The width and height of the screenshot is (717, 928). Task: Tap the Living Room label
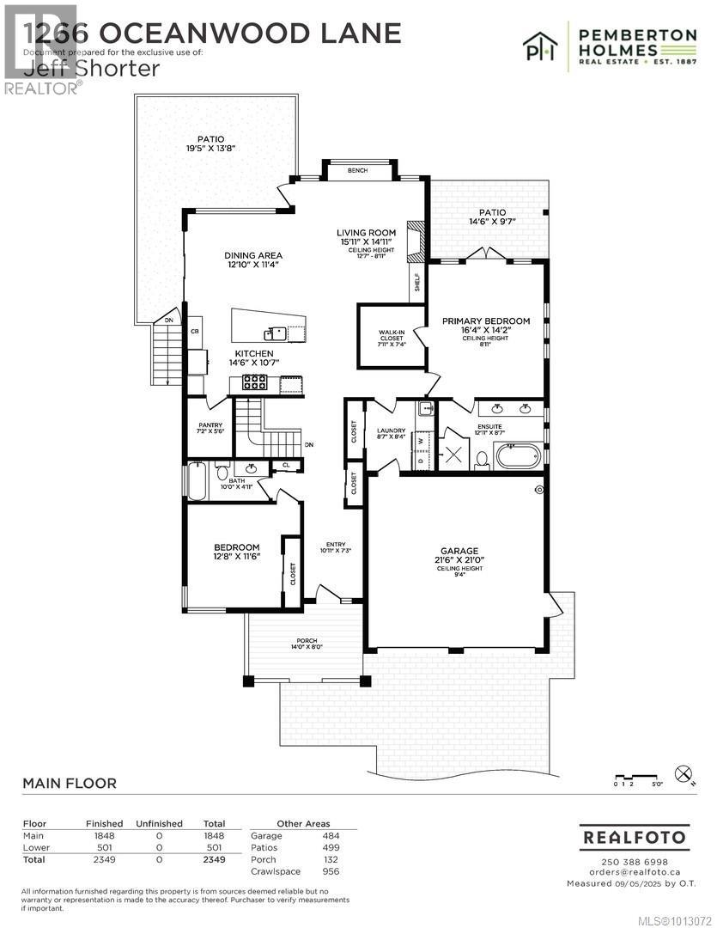pyautogui.click(x=366, y=233)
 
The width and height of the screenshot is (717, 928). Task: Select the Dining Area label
pyautogui.click(x=253, y=255)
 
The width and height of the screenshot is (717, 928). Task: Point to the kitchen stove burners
pyautogui.click(x=255, y=382)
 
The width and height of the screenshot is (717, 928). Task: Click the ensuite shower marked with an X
pyautogui.click(x=453, y=454)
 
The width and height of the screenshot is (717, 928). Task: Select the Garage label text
pyautogui.click(x=459, y=551)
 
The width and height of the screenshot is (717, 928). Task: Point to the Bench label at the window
pyautogui.click(x=358, y=171)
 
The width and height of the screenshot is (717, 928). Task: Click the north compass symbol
pyautogui.click(x=684, y=773)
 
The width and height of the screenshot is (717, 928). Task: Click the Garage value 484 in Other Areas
pyautogui.click(x=331, y=835)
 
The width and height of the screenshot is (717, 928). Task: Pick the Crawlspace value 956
pyautogui.click(x=331, y=871)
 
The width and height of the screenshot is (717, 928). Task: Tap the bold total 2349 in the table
pyautogui.click(x=213, y=859)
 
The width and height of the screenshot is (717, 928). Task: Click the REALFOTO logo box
pyautogui.click(x=634, y=836)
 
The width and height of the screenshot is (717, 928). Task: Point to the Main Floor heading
pyautogui.click(x=69, y=783)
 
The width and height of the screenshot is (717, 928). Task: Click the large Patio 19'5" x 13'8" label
pyautogui.click(x=211, y=143)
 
